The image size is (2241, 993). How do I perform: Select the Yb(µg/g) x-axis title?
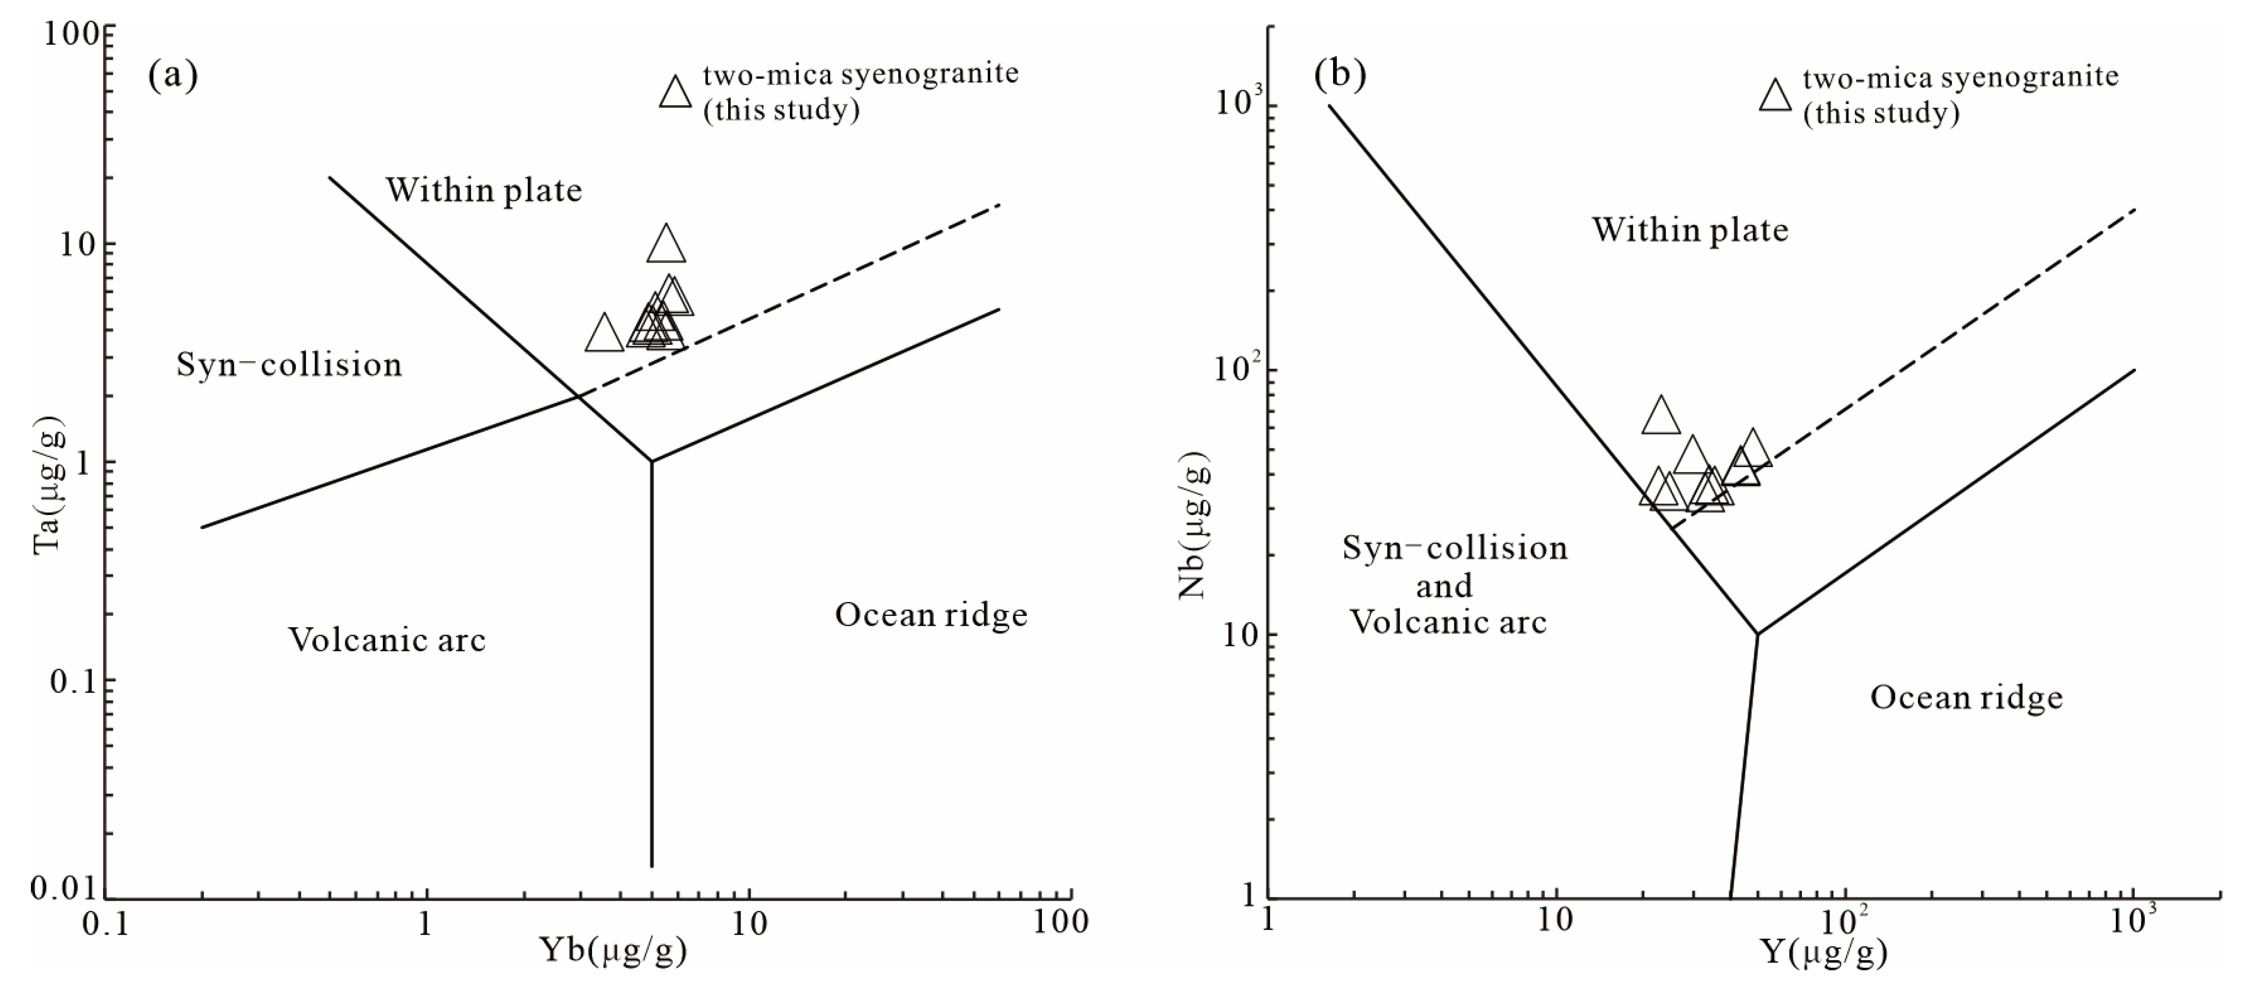coord(614,950)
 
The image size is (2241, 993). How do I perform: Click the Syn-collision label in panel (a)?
coord(290,364)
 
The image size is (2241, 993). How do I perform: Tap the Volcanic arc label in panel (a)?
coord(387,640)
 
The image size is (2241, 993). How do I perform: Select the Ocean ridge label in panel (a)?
coord(931,615)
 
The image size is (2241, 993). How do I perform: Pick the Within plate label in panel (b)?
coord(1690,230)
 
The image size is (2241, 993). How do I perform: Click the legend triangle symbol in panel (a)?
coord(675,91)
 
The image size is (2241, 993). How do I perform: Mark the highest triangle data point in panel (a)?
coord(666,245)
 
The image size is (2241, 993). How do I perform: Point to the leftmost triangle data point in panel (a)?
coord(604,335)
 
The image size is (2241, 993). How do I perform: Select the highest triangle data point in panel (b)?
coord(1661,417)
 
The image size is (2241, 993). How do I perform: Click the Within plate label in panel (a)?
coord(484,190)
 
